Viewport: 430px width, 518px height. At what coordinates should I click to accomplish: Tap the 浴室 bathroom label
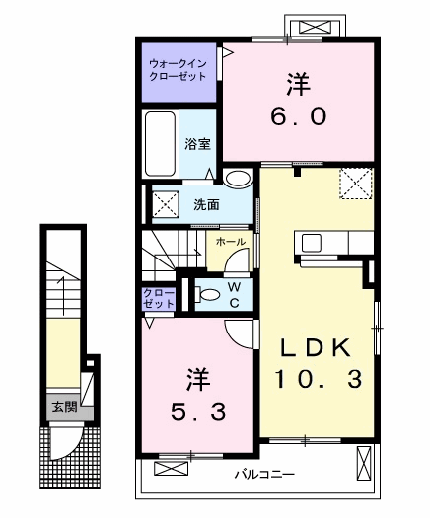pos(197,143)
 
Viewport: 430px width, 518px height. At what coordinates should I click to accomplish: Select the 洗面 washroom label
pos(206,205)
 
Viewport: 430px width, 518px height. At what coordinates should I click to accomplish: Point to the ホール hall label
pos(230,241)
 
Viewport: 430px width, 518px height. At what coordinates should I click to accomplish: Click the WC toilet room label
pos(234,294)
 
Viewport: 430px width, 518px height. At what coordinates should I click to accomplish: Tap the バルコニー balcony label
pos(264,475)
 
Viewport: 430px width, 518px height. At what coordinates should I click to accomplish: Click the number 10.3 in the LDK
pos(319,378)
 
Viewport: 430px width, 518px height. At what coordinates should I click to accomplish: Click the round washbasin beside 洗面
pos(237,179)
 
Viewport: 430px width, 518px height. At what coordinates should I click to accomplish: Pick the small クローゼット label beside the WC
pos(158,299)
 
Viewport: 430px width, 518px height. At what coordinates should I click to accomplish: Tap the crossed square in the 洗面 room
pos(163,204)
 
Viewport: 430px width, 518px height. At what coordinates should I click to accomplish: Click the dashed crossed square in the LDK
pos(352,183)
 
